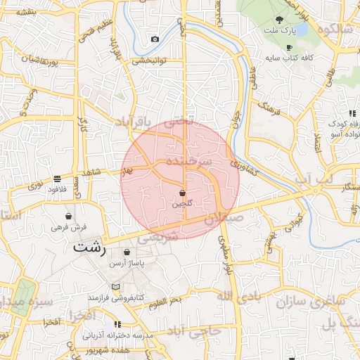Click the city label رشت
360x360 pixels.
point(89,248)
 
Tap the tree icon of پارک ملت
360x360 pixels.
point(280,20)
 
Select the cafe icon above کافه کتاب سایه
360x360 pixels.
point(289,46)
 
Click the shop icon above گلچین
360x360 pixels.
point(183,192)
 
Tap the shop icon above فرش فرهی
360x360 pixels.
point(68,216)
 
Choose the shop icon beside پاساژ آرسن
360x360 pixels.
point(127,252)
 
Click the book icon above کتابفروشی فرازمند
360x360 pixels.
point(116,287)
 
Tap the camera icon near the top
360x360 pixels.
point(155,39)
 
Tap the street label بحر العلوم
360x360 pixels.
point(165,301)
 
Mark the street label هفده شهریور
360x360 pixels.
point(128,349)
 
